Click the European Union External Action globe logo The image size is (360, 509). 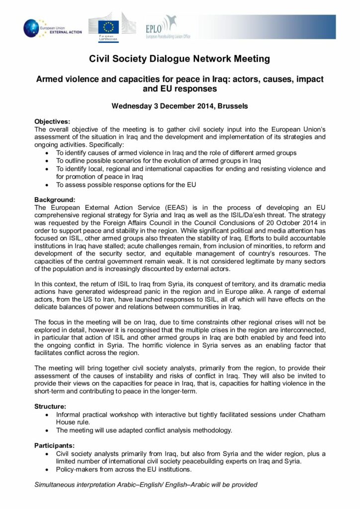33,27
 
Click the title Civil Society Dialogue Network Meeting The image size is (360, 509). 180,59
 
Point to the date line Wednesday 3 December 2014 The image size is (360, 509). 180,106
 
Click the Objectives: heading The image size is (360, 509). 52,121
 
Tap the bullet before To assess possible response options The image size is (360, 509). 47,185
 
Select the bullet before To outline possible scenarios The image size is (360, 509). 47,161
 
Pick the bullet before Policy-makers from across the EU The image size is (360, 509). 47,469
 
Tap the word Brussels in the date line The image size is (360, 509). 232,106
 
